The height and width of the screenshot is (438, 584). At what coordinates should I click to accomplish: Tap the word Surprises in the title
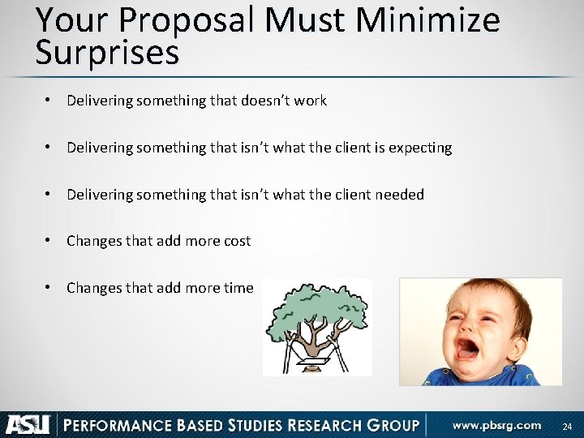pyautogui.click(x=107, y=54)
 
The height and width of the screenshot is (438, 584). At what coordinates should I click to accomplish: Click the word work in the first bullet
pyautogui.click(x=311, y=101)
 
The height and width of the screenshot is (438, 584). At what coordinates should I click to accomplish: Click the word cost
pyautogui.click(x=236, y=242)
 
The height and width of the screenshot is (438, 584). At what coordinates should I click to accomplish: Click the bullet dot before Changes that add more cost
pyautogui.click(x=49, y=241)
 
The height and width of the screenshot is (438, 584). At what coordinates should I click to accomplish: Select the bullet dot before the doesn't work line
pyautogui.click(x=49, y=101)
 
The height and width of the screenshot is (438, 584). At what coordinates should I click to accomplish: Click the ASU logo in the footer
pyautogui.click(x=28, y=424)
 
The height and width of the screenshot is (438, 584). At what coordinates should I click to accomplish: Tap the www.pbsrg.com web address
pyautogui.click(x=496, y=425)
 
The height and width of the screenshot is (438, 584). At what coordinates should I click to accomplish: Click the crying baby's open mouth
pyautogui.click(x=470, y=349)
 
